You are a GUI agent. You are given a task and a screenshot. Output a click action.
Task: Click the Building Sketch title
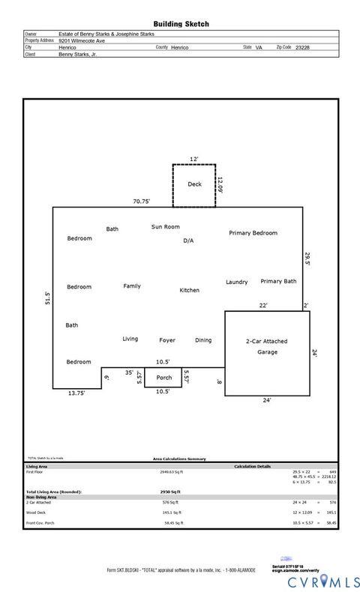[181, 24]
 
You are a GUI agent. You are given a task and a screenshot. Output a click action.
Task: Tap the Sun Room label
[165, 226]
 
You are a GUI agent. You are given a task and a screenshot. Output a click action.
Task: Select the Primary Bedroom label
[253, 233]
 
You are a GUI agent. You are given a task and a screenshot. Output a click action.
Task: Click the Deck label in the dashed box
[194, 184]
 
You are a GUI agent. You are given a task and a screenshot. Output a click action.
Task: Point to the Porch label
[163, 378]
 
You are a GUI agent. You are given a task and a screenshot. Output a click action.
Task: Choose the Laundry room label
[236, 282]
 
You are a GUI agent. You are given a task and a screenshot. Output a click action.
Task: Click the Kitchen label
[189, 290]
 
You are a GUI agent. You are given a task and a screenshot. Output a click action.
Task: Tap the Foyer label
[167, 340]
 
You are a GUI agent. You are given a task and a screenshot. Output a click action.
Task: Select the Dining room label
[203, 340]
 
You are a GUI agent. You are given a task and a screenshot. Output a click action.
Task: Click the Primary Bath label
[278, 281]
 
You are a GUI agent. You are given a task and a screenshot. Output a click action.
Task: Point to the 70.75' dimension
[142, 201]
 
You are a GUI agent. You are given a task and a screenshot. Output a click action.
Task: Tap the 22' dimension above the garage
[263, 305]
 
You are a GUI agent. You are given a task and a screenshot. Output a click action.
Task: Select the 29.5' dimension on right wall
[306, 259]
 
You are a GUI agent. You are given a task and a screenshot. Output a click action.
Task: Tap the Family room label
[132, 286]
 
